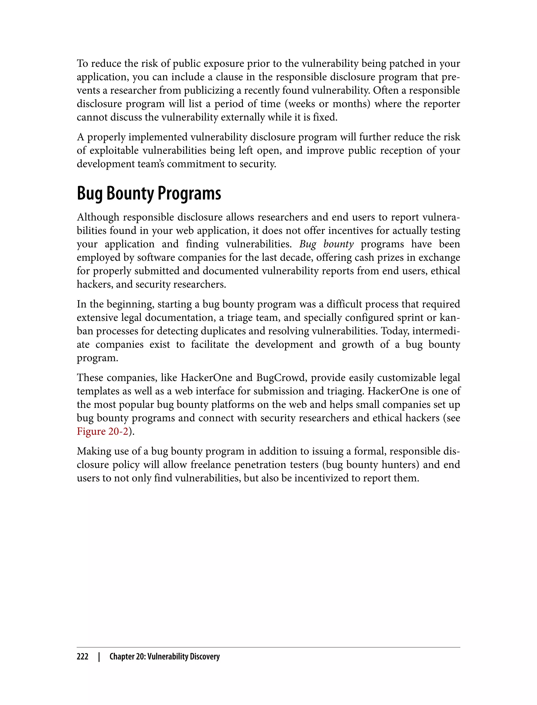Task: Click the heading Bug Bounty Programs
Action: (149, 194)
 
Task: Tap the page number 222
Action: (83, 656)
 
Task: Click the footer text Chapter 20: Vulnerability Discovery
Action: (164, 656)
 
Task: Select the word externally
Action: (243, 117)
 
